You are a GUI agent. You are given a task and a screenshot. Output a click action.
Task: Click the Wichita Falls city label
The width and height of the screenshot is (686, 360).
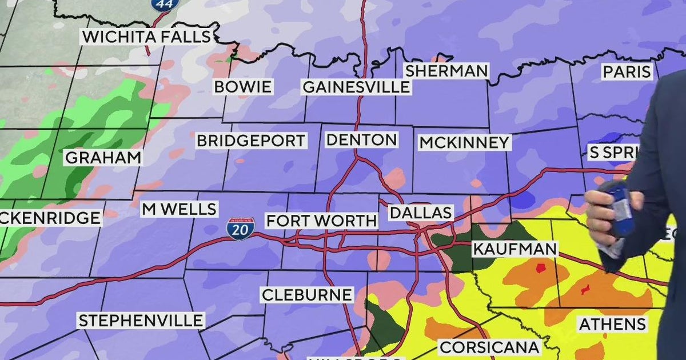pos(147,37)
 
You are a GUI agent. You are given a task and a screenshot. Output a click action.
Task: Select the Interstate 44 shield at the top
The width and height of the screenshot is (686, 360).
pos(165,4)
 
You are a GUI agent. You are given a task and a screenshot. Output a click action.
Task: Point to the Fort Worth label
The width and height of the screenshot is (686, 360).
pos(322,221)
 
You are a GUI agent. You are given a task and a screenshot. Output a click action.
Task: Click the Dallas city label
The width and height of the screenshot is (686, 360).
pos(421,213)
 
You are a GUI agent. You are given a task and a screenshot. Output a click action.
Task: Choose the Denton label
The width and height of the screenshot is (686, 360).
pos(361,140)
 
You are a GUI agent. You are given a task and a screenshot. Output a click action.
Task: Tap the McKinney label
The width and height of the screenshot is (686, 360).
pos(464,142)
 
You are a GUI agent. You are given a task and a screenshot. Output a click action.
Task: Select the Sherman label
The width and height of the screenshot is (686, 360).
pos(446,71)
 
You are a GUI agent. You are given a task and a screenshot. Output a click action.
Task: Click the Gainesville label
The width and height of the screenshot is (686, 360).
pos(356,87)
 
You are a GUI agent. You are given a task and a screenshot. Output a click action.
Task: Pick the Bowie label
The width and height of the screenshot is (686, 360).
pos(243,87)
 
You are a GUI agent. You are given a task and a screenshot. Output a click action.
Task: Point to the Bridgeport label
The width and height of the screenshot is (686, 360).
pos(252,141)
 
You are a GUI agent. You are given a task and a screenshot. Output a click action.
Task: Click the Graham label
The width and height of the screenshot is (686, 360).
pos(103,158)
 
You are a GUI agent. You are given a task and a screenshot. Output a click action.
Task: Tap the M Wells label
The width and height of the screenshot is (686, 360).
pos(179,209)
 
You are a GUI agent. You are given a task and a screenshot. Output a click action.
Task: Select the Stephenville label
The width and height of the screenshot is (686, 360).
pos(141,321)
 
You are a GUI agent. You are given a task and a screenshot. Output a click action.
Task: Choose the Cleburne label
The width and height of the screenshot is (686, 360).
pos(306,295)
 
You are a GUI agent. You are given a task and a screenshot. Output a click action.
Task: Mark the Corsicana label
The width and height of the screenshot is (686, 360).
pos(489,347)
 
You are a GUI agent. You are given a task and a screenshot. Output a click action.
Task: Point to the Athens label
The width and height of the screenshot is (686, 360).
pos(612,324)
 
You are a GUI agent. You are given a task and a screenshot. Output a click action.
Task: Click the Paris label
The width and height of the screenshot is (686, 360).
pos(627,72)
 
